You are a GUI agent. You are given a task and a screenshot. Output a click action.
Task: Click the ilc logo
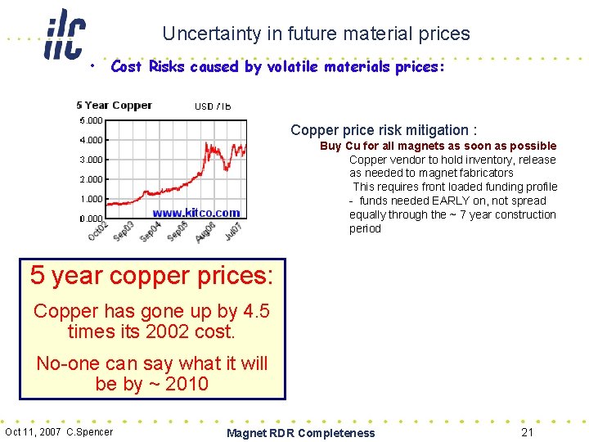pos(64,34)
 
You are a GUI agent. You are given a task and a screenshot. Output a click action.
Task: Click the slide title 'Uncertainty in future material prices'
pos(316,34)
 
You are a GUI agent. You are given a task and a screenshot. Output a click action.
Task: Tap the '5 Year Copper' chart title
pos(114,105)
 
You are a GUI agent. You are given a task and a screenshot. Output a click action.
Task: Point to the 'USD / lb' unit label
pos(212,106)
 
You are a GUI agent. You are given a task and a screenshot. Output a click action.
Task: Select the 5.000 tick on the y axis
pos(91,120)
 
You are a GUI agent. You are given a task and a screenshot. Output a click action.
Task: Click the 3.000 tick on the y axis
pos(91,160)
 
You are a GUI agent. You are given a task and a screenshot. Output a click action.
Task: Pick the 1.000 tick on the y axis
pos(91,199)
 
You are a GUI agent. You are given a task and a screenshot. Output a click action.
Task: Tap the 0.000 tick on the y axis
pos(91,219)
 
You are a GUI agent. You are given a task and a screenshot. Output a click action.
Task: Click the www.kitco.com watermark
pos(196,213)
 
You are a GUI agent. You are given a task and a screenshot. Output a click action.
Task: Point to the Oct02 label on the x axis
pos(97,230)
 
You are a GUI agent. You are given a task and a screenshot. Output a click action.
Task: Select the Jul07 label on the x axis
pos(233,230)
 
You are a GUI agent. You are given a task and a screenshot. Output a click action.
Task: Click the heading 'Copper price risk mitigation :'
pos(384,130)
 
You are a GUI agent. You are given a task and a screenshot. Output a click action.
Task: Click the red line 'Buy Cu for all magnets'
pos(438,146)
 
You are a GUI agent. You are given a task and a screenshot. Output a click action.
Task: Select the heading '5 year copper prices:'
pos(152,275)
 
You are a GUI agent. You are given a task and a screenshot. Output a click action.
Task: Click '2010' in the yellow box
pos(187,384)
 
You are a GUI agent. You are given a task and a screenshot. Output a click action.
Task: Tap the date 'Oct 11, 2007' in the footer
pos(33,432)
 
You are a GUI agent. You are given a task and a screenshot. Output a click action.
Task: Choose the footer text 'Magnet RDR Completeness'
pos(300,433)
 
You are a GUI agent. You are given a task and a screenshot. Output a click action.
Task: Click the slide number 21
pos(528,431)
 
